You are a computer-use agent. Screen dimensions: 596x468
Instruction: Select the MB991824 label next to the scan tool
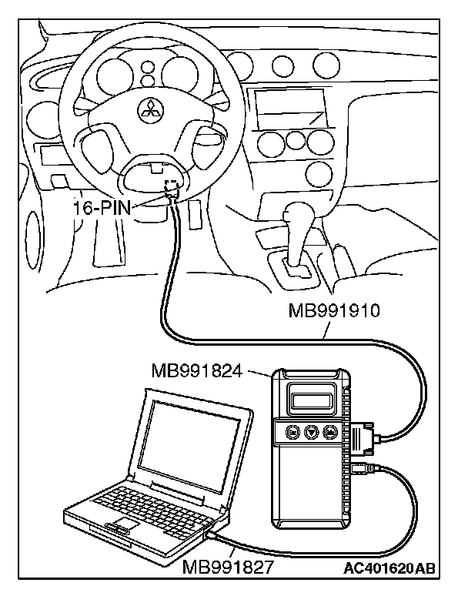tap(198, 372)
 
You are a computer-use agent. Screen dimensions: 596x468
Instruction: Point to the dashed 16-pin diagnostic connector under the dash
tap(172, 186)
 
